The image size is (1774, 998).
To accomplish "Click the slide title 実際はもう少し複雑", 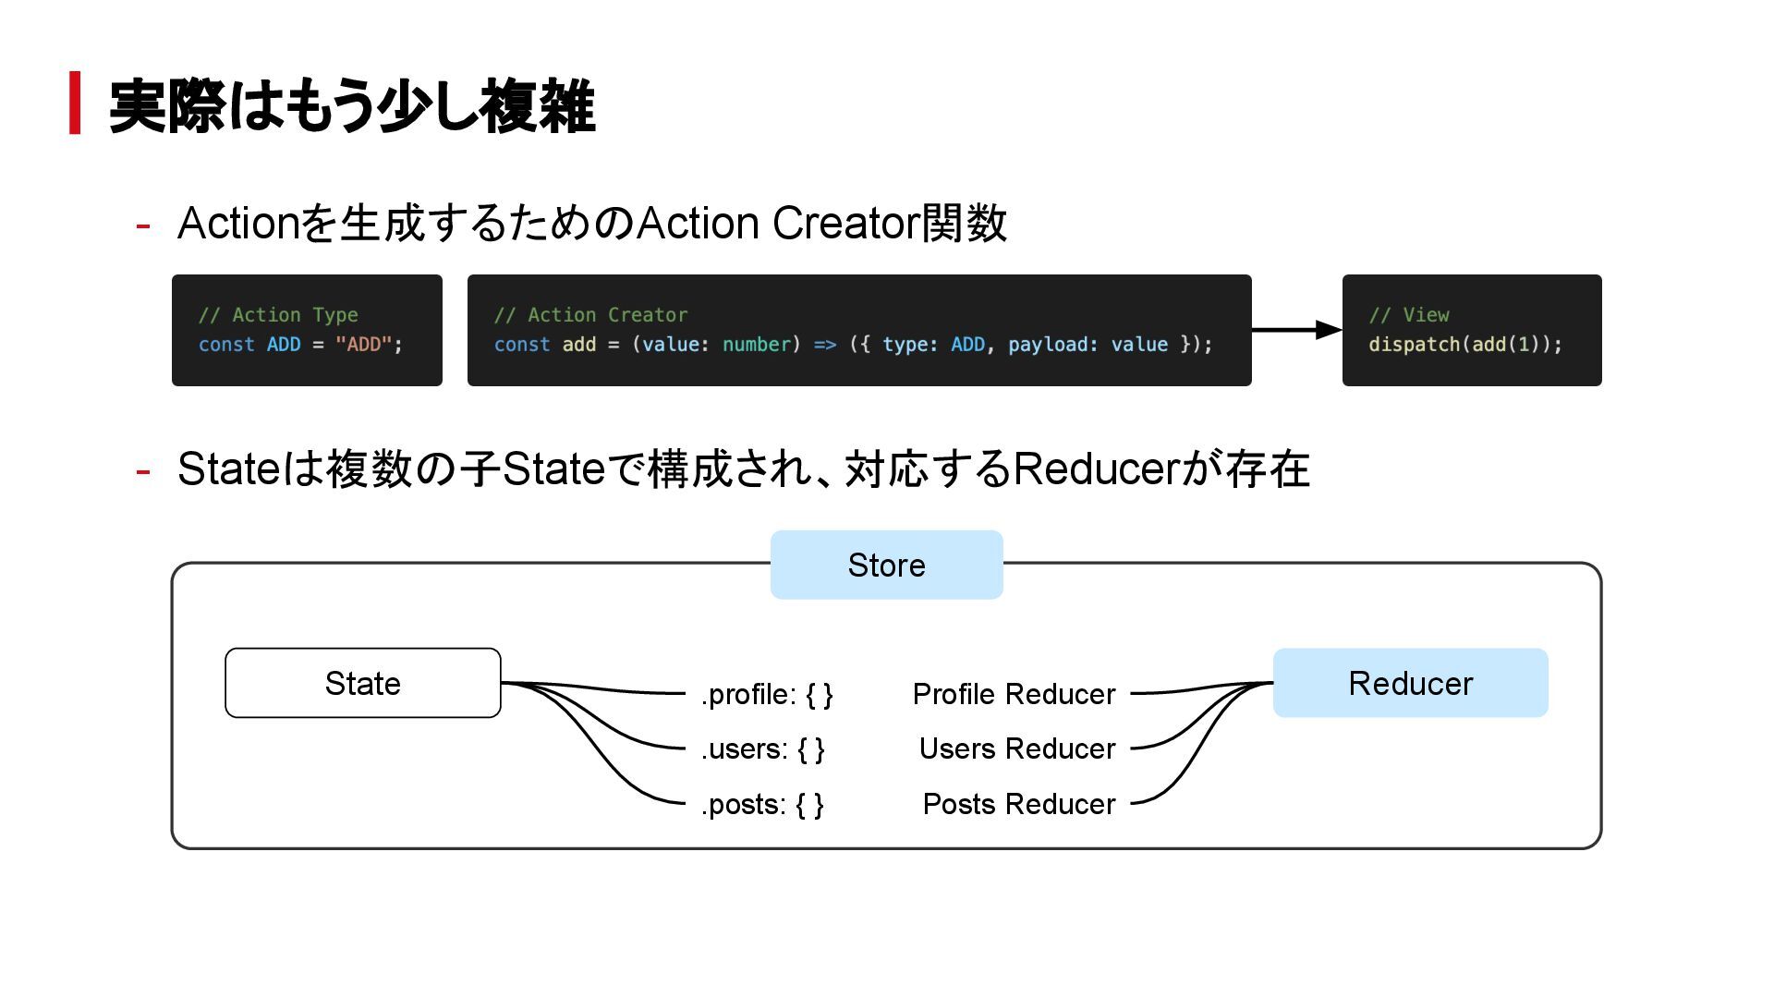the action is point(352,106).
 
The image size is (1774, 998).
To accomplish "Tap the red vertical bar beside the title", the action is point(75,103).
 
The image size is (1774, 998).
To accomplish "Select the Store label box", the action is point(886,565).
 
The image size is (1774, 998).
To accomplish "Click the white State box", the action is point(363,683).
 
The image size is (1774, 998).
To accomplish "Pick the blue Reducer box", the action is point(1410,683).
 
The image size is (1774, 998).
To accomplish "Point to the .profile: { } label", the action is point(767,694).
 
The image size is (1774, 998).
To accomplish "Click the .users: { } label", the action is point(762,748).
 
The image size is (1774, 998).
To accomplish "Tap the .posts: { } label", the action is point(762,804).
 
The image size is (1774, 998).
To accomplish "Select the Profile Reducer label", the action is point(1014,694).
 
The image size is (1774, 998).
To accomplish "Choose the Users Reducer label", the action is point(1017,748).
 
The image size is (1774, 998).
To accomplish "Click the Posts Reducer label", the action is point(1019,804).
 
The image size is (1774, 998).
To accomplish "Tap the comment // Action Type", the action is point(278,315).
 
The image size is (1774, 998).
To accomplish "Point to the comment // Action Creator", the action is point(590,315).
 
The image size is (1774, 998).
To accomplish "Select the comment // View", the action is point(1409,315).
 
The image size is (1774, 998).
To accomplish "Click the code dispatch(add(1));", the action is point(1465,345).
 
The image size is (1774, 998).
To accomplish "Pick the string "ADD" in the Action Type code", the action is point(364,345).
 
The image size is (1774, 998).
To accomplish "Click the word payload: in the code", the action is point(1053,345).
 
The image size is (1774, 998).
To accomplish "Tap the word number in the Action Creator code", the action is point(757,345).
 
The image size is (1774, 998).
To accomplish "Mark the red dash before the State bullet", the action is point(143,470).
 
